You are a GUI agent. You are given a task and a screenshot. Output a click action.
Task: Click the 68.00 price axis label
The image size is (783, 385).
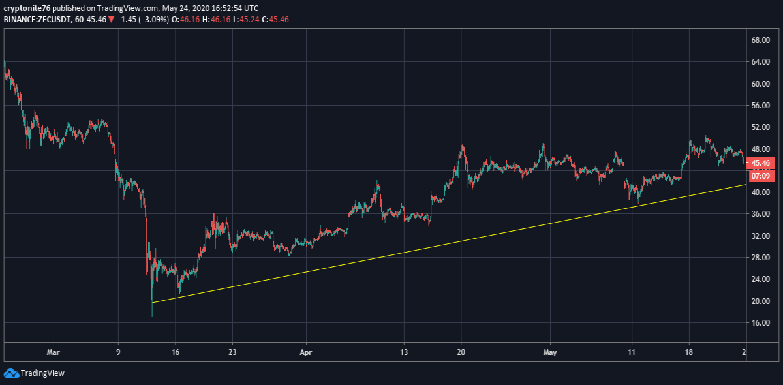point(760,40)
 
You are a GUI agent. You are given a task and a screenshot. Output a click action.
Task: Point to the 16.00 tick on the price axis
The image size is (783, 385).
point(760,323)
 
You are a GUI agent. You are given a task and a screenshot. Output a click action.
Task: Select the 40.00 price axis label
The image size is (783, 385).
point(760,192)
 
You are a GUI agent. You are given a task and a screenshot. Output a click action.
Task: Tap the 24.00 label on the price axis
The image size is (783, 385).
point(760,279)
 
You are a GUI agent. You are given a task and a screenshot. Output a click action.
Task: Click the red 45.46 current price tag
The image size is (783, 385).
point(760,163)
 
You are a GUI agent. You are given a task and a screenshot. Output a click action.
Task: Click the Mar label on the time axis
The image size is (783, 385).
point(53,352)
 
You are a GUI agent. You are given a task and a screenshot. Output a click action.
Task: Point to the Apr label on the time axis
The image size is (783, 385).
point(306,352)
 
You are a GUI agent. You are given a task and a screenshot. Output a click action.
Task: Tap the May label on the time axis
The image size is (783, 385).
point(550,352)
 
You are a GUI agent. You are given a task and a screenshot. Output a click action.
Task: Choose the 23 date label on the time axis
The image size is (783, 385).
point(232,352)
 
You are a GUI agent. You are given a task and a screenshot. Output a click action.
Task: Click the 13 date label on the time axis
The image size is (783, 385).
point(404,352)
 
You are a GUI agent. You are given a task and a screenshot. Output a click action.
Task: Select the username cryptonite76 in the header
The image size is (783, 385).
point(27,8)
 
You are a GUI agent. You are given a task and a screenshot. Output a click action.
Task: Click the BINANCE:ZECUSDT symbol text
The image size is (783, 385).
point(37,19)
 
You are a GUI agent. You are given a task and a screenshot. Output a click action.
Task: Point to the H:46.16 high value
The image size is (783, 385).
point(216,19)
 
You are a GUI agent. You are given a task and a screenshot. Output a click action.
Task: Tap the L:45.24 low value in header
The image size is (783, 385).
point(246,19)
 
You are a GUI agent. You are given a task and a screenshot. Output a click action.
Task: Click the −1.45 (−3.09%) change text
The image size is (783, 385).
point(143,19)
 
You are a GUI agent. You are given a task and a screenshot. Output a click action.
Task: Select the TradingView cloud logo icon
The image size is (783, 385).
point(11,373)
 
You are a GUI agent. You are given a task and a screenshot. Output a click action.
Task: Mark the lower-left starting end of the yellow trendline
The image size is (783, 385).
point(153,303)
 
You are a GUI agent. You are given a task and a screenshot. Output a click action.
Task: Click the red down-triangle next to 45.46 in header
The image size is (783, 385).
point(111,20)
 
